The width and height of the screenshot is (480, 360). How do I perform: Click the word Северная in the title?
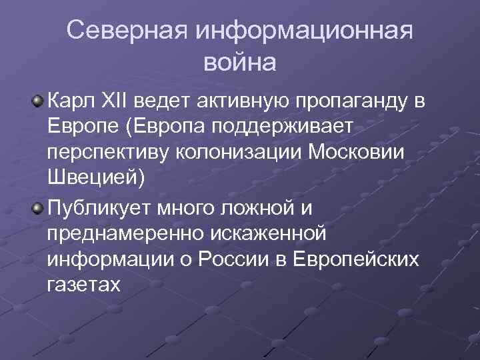pyautogui.click(x=127, y=31)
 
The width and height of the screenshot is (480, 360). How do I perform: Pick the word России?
pyautogui.click(x=253, y=259)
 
